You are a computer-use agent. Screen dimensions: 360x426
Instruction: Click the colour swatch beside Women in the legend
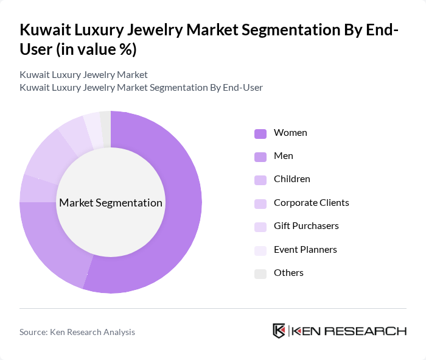point(260,133)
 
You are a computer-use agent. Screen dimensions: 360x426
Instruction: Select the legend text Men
point(283,156)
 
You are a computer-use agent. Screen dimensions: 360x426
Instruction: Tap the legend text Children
point(292,179)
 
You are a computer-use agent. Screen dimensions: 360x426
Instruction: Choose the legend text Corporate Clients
point(311,202)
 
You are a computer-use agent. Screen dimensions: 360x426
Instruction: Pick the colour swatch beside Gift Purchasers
point(260,227)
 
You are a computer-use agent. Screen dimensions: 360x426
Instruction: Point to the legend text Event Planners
point(305,249)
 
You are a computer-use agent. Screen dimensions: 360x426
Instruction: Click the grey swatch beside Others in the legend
point(260,274)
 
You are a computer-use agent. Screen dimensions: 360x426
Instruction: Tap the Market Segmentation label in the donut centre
point(111,203)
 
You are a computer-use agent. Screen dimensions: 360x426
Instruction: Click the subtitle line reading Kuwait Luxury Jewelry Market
point(83,75)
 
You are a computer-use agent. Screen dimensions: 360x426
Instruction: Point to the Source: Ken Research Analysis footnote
point(77,332)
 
